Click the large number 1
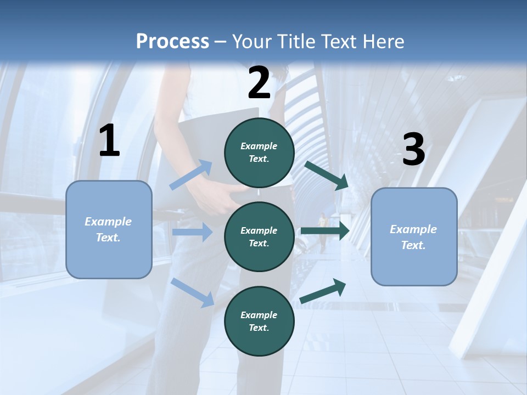(109, 140)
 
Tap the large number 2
(259, 83)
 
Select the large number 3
(413, 150)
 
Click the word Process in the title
(172, 42)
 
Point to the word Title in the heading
(293, 42)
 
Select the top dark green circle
(259, 153)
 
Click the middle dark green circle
(259, 236)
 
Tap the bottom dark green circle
(259, 321)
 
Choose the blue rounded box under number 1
(109, 229)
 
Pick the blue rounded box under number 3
(414, 236)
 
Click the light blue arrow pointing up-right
(191, 174)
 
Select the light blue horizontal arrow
(192, 232)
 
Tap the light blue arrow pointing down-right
(193, 292)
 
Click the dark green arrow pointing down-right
(327, 175)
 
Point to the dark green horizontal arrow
(325, 231)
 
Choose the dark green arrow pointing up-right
(323, 290)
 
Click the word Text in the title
(339, 42)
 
